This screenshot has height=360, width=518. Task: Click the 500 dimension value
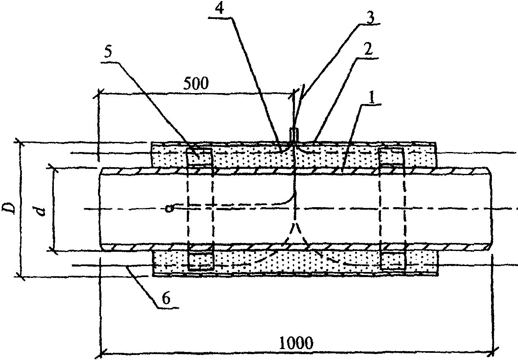click(x=196, y=83)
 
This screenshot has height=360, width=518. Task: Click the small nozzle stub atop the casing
click(x=294, y=135)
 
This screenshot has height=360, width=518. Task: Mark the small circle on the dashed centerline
click(x=169, y=208)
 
